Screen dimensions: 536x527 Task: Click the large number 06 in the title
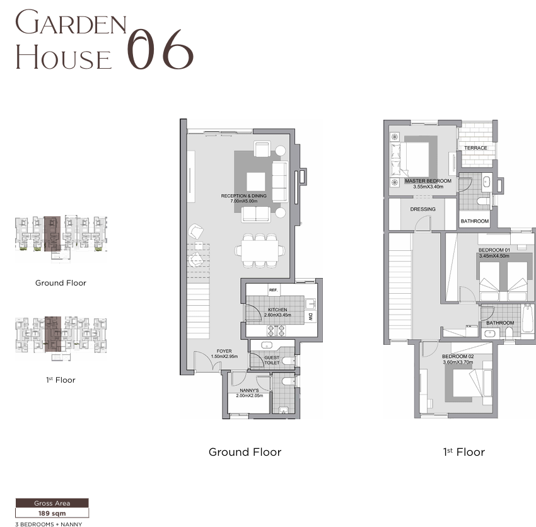pyautogui.click(x=160, y=49)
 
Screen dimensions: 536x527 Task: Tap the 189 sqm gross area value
pyautogui.click(x=52, y=513)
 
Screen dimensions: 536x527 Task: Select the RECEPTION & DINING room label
pyautogui.click(x=244, y=196)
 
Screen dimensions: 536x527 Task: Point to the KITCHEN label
pyautogui.click(x=277, y=310)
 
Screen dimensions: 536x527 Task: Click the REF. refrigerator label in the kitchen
pyautogui.click(x=273, y=290)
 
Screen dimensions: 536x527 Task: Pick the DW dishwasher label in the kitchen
pyautogui.click(x=310, y=317)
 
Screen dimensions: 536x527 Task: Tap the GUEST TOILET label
pyautogui.click(x=272, y=360)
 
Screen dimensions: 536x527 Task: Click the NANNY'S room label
pyautogui.click(x=249, y=390)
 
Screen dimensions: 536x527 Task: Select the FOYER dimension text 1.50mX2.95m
pyautogui.click(x=224, y=356)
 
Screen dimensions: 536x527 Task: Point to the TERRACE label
pyautogui.click(x=475, y=148)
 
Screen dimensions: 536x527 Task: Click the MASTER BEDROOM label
pyautogui.click(x=428, y=181)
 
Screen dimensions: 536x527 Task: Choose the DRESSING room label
pyautogui.click(x=423, y=209)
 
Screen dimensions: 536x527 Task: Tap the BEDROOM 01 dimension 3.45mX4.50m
pyautogui.click(x=494, y=256)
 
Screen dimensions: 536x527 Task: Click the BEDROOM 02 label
pyautogui.click(x=458, y=356)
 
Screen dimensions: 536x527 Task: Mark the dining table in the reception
pyautogui.click(x=259, y=250)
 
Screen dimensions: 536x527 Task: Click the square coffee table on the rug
pyautogui.click(x=256, y=182)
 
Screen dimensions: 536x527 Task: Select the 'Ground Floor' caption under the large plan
pyautogui.click(x=245, y=452)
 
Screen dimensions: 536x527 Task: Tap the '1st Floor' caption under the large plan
pyautogui.click(x=464, y=452)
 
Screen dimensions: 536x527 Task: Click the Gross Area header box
pyautogui.click(x=52, y=503)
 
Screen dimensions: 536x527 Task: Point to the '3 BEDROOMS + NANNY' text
pyautogui.click(x=49, y=524)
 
